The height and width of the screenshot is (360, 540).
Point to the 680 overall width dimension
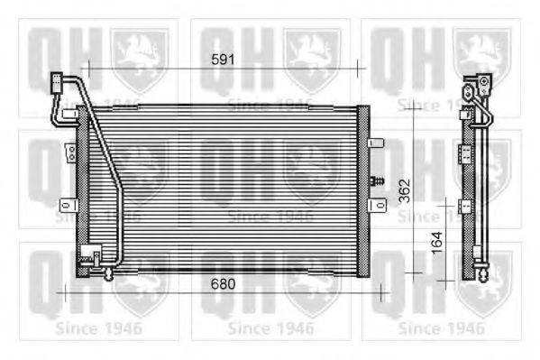click(x=222, y=283)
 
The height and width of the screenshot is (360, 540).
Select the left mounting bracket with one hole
click(x=66, y=203)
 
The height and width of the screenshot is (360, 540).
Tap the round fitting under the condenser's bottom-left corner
click(x=109, y=273)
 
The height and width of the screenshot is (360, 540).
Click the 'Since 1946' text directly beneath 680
click(x=270, y=327)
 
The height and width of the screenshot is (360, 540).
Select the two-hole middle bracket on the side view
click(x=466, y=154)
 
